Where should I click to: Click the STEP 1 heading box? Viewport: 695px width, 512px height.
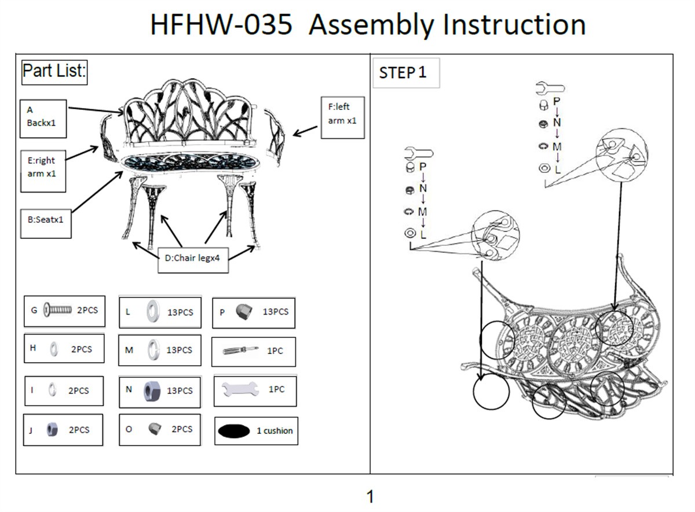pyautogui.click(x=406, y=73)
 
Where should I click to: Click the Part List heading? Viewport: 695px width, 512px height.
pyautogui.click(x=54, y=72)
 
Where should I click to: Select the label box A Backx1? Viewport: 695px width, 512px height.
pyautogui.click(x=43, y=119)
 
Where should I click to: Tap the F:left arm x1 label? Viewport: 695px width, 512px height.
pyautogui.click(x=342, y=117)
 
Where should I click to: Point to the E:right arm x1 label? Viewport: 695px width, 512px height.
pyautogui.click(x=43, y=171)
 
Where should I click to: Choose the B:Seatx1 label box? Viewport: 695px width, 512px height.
pyautogui.click(x=46, y=224)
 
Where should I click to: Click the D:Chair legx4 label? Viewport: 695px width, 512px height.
pyautogui.click(x=193, y=260)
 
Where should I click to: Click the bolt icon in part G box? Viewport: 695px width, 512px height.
pyautogui.click(x=58, y=310)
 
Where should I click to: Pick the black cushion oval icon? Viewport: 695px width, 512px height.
pyautogui.click(x=234, y=432)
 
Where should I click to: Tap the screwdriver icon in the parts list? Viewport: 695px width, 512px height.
pyautogui.click(x=240, y=350)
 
